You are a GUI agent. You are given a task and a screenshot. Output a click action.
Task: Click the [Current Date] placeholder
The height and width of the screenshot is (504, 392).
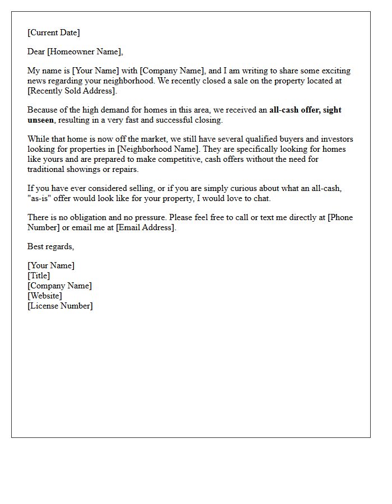tap(54, 32)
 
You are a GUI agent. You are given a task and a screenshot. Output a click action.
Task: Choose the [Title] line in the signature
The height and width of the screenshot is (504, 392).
tap(39, 276)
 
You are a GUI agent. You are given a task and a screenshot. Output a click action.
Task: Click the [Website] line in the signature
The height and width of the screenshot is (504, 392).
tap(45, 296)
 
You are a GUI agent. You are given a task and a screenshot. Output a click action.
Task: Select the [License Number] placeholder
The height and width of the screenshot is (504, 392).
tap(60, 306)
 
